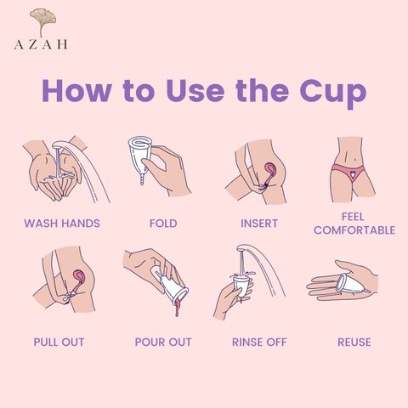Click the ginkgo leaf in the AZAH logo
(43, 20)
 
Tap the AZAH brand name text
(41, 44)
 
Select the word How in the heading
(76, 90)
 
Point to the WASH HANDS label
(62, 224)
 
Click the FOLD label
(163, 224)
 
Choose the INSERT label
(259, 224)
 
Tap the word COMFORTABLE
(354, 230)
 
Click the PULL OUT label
(59, 342)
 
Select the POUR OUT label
(163, 342)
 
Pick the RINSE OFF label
(259, 342)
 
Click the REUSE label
(354, 342)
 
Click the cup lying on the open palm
(350, 284)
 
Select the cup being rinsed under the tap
(242, 286)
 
